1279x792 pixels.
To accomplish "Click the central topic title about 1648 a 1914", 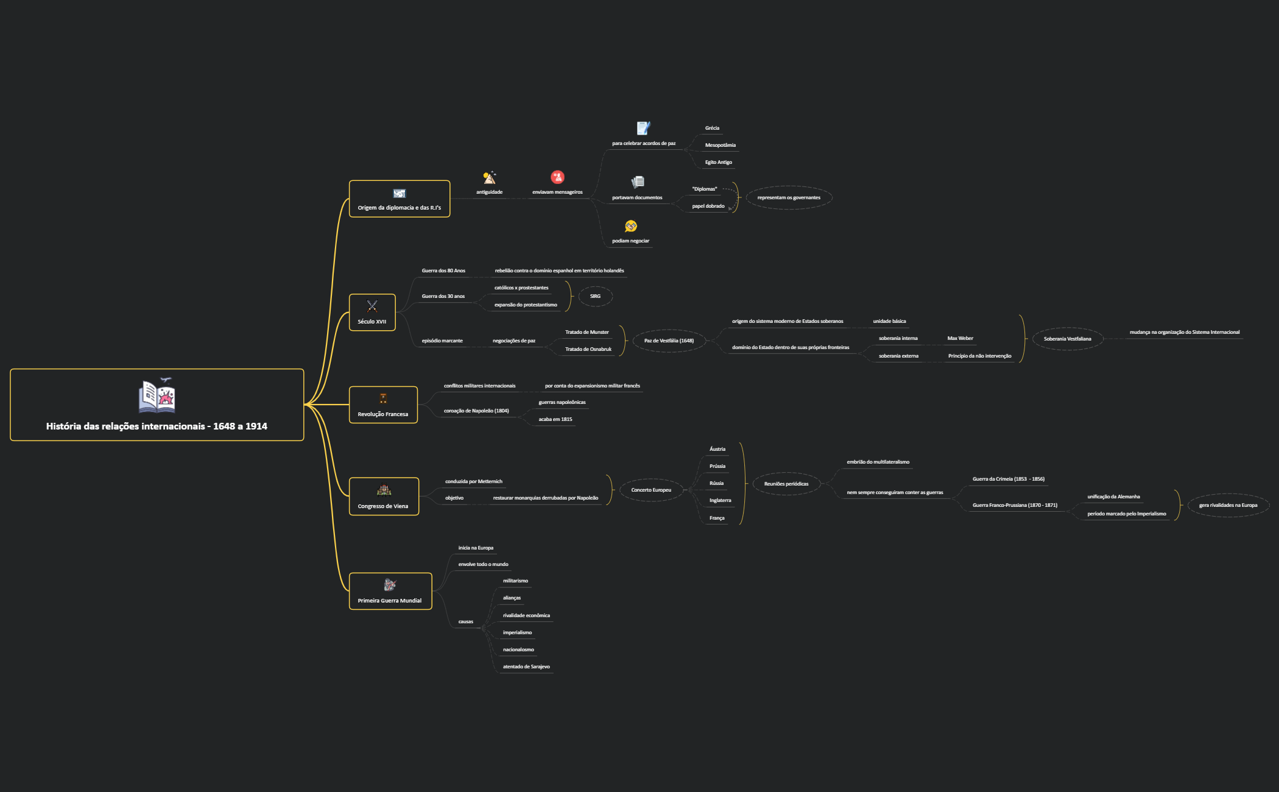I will click(157, 426).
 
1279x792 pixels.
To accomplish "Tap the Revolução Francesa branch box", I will click(383, 405).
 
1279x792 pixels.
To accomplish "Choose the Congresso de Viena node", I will click(384, 497).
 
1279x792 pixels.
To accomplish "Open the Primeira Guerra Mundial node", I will click(390, 591).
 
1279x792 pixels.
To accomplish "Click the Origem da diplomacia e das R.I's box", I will click(400, 199).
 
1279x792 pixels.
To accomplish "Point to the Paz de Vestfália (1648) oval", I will click(669, 341).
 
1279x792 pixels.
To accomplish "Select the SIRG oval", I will click(595, 296).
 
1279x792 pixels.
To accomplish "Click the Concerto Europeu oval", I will click(651, 490).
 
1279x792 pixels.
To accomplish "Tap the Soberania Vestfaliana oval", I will click(1067, 339).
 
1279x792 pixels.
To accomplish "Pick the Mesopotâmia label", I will click(720, 145).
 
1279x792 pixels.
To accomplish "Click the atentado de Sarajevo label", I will click(526, 666).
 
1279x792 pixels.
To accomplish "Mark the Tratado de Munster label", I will click(587, 332).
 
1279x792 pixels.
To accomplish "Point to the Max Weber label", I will click(960, 338).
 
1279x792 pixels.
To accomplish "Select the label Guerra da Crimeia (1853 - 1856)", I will click(1008, 479).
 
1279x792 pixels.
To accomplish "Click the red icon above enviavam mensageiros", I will click(557, 177).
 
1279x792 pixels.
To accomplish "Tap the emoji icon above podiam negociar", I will click(631, 226).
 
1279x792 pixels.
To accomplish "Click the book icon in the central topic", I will click(157, 395).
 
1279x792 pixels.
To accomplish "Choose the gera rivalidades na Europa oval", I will click(1228, 505).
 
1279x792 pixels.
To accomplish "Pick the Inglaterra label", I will click(720, 500).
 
